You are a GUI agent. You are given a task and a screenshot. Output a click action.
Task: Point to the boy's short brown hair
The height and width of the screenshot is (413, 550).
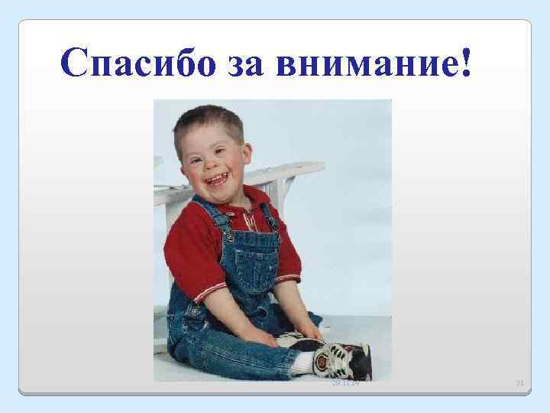click(206, 119)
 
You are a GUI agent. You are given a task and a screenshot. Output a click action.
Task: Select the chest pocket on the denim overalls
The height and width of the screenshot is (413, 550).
click(248, 256)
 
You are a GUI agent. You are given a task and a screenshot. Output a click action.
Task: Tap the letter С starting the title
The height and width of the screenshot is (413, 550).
click(77, 63)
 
